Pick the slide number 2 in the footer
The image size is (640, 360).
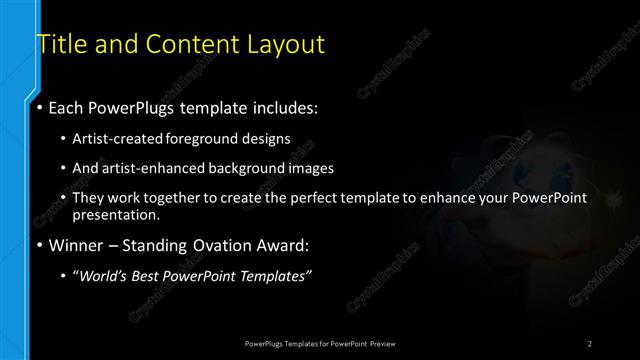pos(590,343)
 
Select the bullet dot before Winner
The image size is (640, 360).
pos(39,245)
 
